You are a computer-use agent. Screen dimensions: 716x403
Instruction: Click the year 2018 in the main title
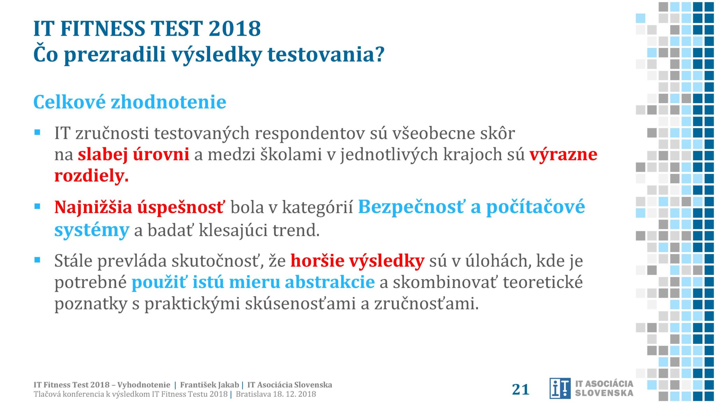click(x=235, y=28)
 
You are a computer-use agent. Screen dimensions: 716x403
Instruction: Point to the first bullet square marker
click(x=37, y=132)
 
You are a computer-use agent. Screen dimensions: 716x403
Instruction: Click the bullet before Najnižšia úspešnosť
click(x=37, y=206)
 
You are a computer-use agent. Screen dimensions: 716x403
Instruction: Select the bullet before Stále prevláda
click(x=37, y=260)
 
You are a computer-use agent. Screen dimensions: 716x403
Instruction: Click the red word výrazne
click(x=563, y=154)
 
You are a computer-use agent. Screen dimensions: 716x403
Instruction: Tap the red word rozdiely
click(x=92, y=176)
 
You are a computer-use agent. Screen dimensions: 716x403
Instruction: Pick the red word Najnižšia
click(x=93, y=207)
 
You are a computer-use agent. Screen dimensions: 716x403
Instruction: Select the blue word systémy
click(x=92, y=230)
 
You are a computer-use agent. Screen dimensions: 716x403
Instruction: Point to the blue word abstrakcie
click(x=330, y=282)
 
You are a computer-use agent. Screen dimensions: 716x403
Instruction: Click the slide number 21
click(x=521, y=389)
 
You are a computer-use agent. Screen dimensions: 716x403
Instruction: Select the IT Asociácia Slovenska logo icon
click(x=560, y=388)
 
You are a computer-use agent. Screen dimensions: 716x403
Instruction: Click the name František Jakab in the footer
click(x=209, y=385)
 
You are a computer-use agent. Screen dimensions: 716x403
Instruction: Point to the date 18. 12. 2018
click(x=294, y=394)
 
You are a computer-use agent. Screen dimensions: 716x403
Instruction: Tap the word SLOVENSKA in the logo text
click(x=604, y=393)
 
